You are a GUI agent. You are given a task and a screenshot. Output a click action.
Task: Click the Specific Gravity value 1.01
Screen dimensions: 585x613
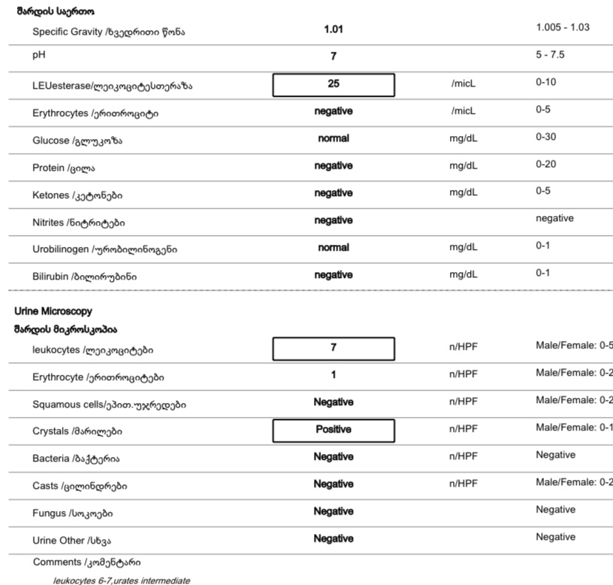coord(333,30)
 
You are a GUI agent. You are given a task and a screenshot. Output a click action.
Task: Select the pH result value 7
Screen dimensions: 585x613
coord(333,56)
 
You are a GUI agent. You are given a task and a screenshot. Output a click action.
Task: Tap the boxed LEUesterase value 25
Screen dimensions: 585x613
coord(333,84)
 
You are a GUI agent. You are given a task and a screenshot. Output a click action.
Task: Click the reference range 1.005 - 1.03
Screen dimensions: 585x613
coord(563,27)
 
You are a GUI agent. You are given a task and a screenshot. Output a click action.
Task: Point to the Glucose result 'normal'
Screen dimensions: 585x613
coord(333,138)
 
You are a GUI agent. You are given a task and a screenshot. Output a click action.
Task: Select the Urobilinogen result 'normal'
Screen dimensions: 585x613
coord(333,248)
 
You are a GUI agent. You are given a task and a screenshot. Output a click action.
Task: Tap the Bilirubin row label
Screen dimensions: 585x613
coord(84,277)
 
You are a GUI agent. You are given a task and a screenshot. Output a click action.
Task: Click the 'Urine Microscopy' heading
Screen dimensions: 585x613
coord(53,312)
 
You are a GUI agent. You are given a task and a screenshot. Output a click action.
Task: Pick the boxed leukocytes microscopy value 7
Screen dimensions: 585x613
coord(333,348)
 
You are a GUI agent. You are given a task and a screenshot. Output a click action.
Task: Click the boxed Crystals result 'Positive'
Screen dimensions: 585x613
coord(333,430)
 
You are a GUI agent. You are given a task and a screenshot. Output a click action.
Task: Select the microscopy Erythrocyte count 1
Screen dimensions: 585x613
coord(333,375)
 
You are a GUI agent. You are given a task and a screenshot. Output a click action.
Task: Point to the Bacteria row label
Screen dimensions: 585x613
coord(76,459)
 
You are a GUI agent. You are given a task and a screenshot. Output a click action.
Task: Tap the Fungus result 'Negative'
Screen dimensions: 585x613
coord(333,511)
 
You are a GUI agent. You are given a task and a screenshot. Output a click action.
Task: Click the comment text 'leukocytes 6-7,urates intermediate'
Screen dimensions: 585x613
coord(121,581)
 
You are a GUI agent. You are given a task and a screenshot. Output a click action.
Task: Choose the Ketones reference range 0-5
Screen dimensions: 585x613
coord(543,191)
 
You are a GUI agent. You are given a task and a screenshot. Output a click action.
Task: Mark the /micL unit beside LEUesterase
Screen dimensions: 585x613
coord(463,84)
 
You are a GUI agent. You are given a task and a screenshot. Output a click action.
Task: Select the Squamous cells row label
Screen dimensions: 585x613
coord(109,405)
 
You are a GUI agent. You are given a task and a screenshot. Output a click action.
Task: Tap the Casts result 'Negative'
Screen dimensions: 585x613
coord(333,484)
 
